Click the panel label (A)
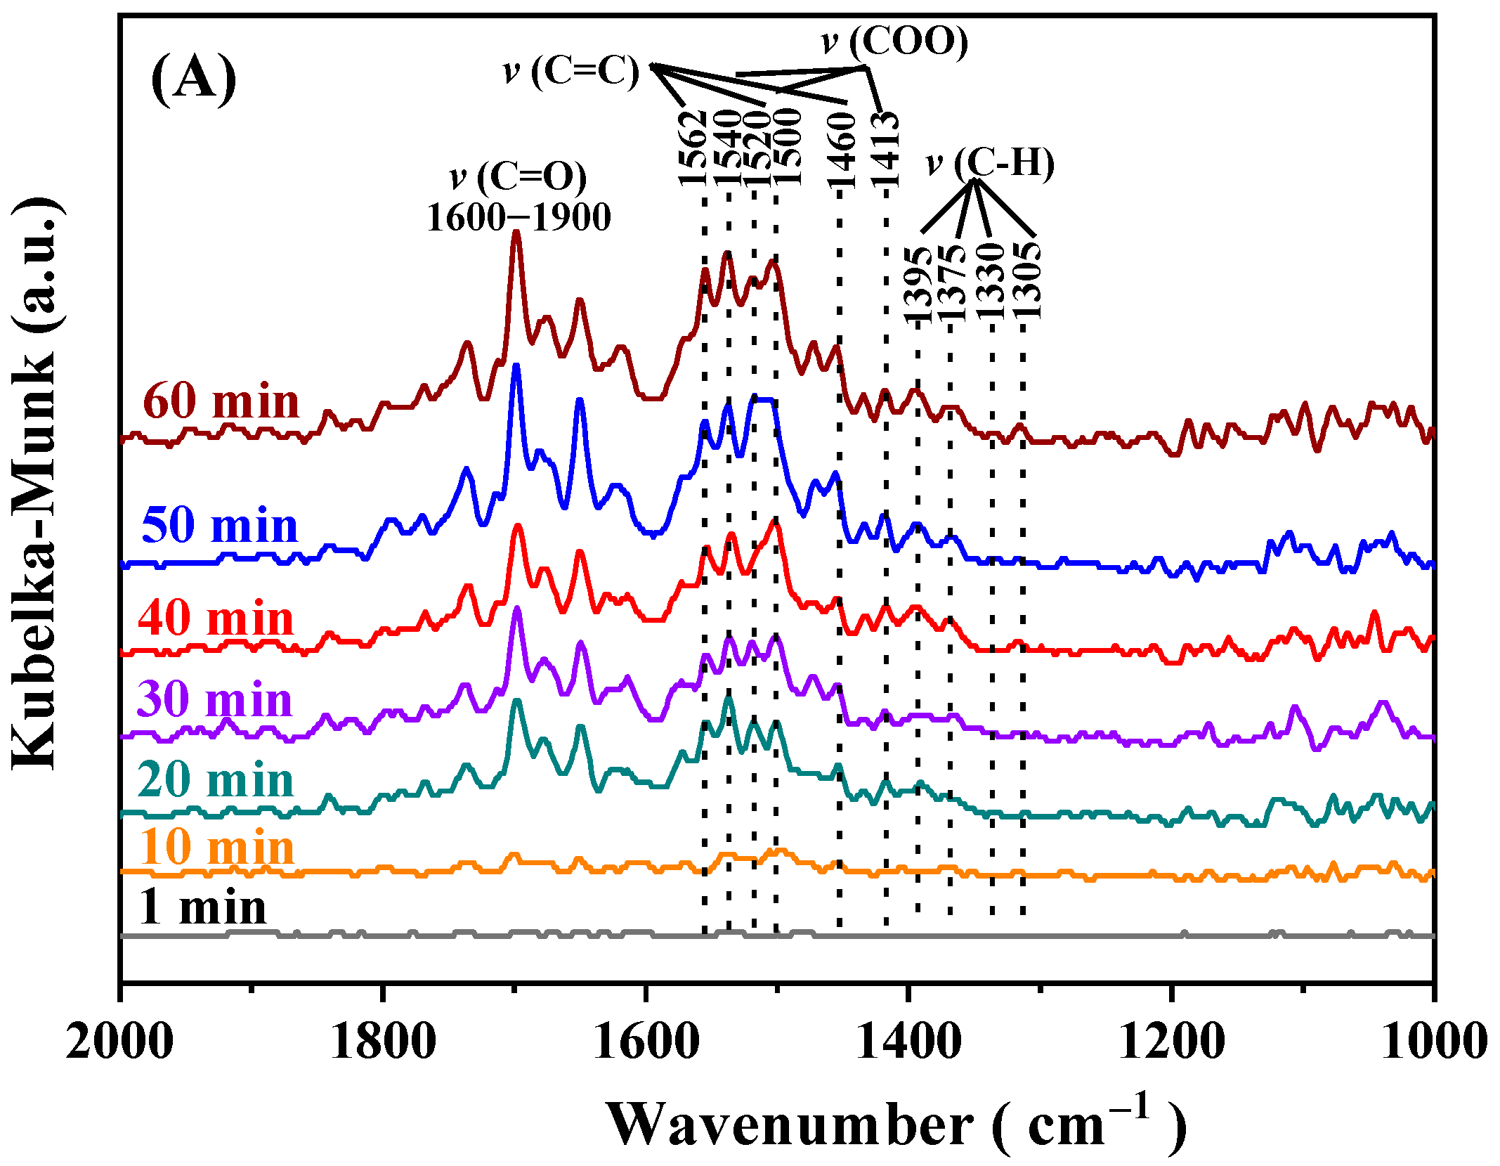point(193,79)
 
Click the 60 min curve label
point(221,402)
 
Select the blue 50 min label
point(220,526)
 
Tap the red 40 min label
point(216,619)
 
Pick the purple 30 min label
point(214,699)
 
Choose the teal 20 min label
point(215,780)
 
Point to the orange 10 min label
point(216,847)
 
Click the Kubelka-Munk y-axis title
point(37,485)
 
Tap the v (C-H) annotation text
point(991,163)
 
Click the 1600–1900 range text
point(519,217)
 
